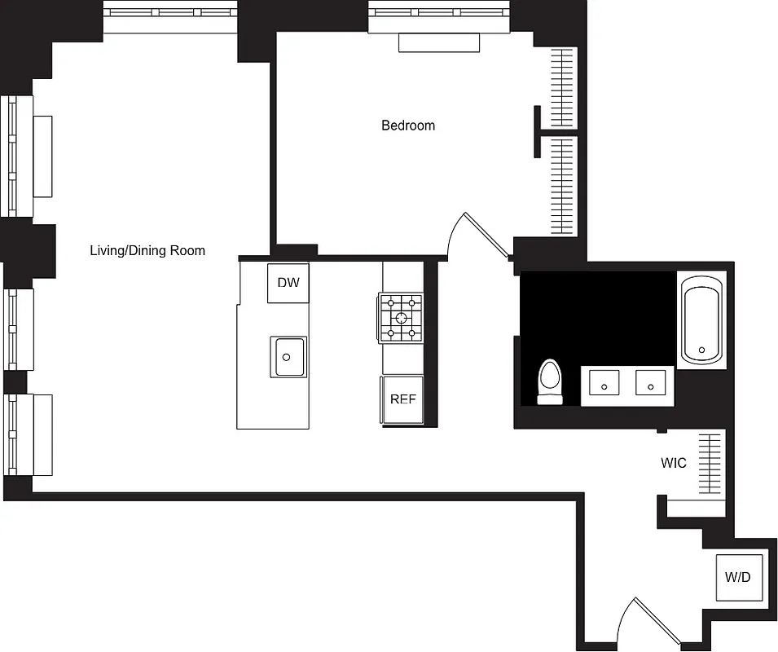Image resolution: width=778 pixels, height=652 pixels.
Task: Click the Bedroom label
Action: pos(408,126)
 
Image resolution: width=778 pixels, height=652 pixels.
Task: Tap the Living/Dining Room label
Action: pos(147,250)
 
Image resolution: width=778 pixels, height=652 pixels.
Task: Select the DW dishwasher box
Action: pos(288,284)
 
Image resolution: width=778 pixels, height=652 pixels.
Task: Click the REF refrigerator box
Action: pos(402,399)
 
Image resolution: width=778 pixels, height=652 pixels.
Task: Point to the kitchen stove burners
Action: pos(401,317)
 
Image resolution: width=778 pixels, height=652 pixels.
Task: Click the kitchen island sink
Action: pos(289,357)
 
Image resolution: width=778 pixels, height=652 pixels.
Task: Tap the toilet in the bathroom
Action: pos(551,383)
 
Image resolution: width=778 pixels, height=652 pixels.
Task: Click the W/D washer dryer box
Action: pos(738,577)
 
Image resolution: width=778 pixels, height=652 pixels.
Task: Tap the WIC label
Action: pos(673,463)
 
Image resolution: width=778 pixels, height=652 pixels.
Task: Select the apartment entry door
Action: pos(648,623)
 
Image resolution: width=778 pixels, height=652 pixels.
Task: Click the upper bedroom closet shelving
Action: pos(563,88)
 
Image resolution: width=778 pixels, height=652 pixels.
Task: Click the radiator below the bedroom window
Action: pos(439,42)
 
